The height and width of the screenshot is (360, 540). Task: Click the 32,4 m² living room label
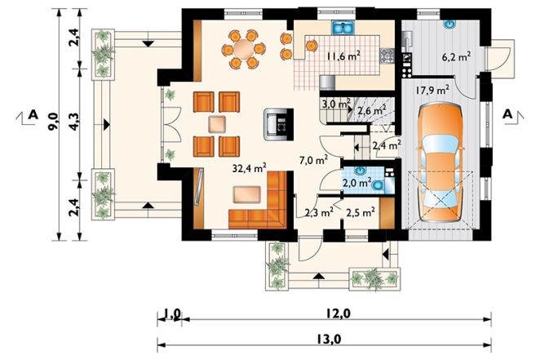(x=249, y=168)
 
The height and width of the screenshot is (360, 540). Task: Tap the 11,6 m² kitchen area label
(x=343, y=56)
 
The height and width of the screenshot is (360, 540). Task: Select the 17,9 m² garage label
(x=432, y=91)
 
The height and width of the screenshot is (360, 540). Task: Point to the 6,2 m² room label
(x=457, y=56)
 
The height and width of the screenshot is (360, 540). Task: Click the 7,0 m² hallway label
(x=313, y=160)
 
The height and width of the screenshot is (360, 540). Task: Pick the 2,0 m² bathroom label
(x=356, y=182)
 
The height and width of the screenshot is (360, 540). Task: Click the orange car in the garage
(x=440, y=162)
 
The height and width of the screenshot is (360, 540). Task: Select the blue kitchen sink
(x=343, y=28)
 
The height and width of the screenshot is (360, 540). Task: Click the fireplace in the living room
(x=279, y=124)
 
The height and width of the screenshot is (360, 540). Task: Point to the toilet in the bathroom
(x=378, y=185)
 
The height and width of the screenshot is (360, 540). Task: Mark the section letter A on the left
(x=33, y=114)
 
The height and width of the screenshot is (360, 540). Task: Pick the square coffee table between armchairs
(x=217, y=124)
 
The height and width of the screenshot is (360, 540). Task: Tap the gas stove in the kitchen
(x=387, y=56)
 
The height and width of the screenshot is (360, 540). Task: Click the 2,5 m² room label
(x=361, y=212)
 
